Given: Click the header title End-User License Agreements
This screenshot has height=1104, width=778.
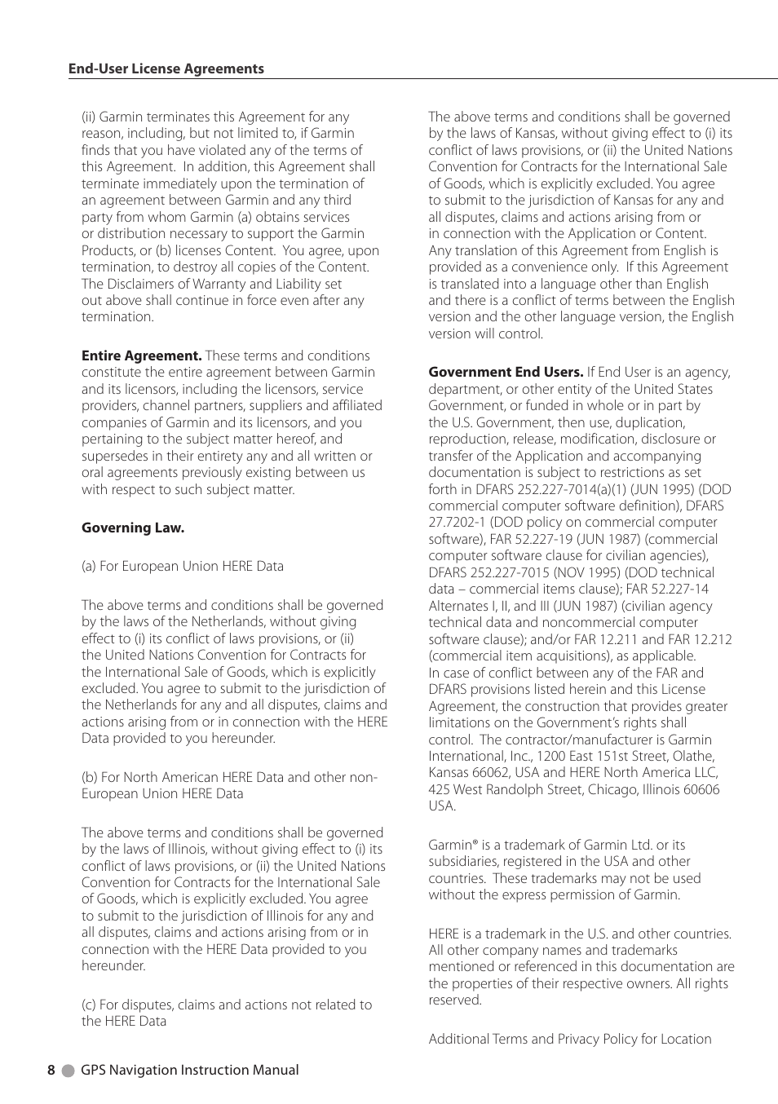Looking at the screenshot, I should pos(166,68).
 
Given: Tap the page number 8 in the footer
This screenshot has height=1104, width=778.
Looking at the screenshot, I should pos(51,1070).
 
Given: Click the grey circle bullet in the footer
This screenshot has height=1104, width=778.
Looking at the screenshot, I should pos(69,1071).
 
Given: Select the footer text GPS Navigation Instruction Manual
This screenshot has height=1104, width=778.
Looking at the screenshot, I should pos(189,1070).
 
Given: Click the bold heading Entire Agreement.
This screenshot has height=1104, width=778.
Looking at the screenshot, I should pos(141,355).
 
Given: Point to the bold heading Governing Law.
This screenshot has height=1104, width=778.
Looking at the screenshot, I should pos(133,528).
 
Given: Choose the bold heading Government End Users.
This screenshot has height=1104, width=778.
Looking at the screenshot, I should pos(506,372).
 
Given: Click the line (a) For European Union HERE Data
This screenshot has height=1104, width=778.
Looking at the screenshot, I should pos(183,566).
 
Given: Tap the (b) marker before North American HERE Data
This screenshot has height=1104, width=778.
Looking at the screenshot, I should pos(89,777).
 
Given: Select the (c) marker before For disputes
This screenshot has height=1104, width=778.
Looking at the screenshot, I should pos(89,1005).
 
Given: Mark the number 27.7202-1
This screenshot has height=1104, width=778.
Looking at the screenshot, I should pos(457,522).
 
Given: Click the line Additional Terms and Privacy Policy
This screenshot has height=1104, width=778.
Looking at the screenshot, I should pos(570,1039).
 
